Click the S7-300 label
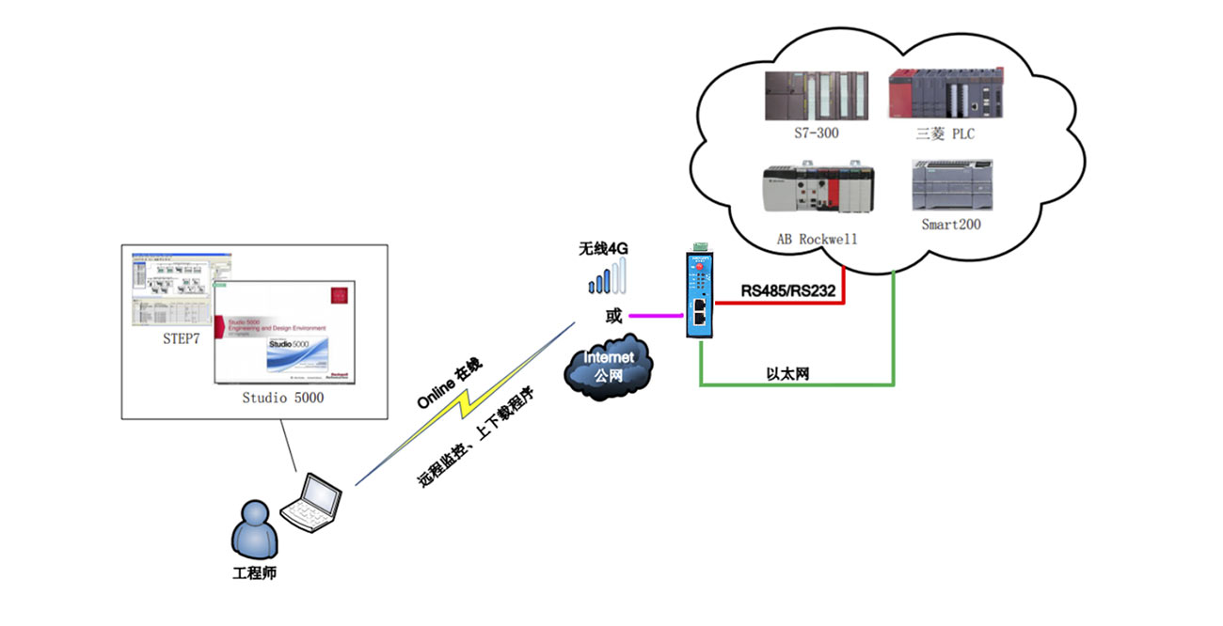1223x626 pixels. pyautogui.click(x=815, y=133)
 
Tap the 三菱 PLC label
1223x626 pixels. pyautogui.click(x=945, y=133)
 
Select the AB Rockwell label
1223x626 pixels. pyautogui.click(x=817, y=239)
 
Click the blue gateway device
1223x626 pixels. pyautogui.click(x=700, y=294)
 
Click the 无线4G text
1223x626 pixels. pyautogui.click(x=603, y=249)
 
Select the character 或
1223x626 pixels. pyautogui.click(x=613, y=317)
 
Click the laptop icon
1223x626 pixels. pyautogui.click(x=312, y=499)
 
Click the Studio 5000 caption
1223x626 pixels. pyautogui.click(x=283, y=398)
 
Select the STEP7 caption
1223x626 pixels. pyautogui.click(x=181, y=339)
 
